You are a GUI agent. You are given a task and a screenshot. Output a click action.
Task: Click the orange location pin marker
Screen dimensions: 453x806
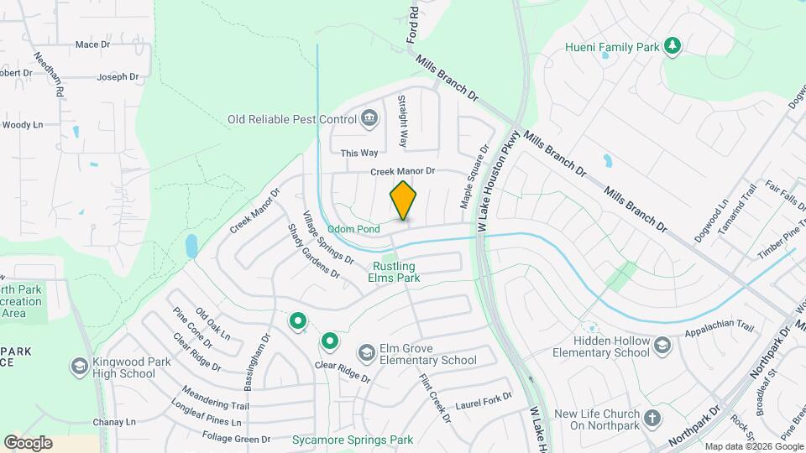point(403,200)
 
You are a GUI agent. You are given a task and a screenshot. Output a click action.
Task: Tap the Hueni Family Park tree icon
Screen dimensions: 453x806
point(672,47)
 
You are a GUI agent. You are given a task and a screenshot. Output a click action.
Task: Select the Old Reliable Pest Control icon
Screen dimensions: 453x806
point(369,120)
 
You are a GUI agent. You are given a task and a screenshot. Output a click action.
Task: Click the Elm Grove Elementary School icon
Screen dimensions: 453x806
point(366,353)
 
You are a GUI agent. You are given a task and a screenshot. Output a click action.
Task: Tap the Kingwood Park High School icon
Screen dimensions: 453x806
point(79,366)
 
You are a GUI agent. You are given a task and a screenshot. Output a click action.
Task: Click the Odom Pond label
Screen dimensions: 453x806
point(353,228)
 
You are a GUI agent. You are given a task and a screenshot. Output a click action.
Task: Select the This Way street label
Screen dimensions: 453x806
point(359,153)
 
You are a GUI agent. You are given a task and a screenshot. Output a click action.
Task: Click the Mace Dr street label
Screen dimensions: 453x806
point(92,44)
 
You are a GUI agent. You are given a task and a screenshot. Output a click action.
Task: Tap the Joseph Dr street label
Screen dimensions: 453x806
point(118,76)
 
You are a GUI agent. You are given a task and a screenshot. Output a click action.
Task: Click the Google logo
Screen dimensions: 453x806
point(28,442)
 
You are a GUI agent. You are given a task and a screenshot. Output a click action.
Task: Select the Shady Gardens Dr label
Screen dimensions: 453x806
point(313,251)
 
